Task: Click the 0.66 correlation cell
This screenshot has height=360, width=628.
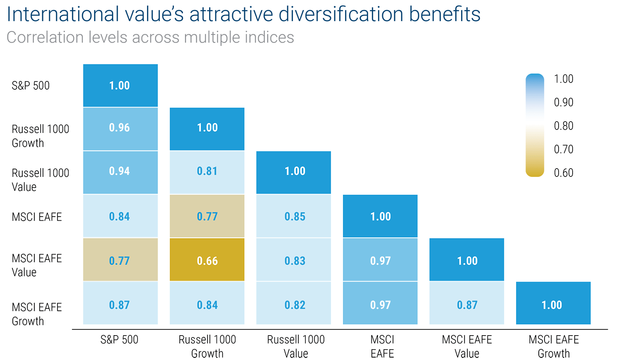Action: (x=207, y=260)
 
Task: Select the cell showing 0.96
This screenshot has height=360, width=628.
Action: (x=120, y=128)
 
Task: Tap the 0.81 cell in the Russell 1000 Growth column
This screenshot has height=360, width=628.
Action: (x=207, y=172)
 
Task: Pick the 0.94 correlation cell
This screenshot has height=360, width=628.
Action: (x=120, y=172)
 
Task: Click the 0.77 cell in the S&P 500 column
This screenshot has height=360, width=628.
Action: (x=120, y=260)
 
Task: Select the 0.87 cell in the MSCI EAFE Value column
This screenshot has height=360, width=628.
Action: (x=467, y=305)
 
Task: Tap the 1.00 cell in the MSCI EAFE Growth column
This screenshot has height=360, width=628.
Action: (x=553, y=305)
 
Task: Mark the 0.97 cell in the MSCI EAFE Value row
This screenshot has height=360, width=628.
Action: (x=380, y=260)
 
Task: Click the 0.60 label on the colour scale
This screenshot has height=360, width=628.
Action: (x=564, y=173)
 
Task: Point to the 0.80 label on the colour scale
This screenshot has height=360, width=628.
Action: (x=564, y=126)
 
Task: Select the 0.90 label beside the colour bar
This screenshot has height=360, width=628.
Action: (x=564, y=102)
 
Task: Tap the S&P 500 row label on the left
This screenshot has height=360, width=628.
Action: (x=31, y=86)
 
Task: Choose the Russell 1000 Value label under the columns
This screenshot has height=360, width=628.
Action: (x=296, y=346)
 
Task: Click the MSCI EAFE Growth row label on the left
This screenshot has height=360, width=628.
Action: (x=36, y=314)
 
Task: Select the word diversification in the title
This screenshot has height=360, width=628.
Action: (x=341, y=14)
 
